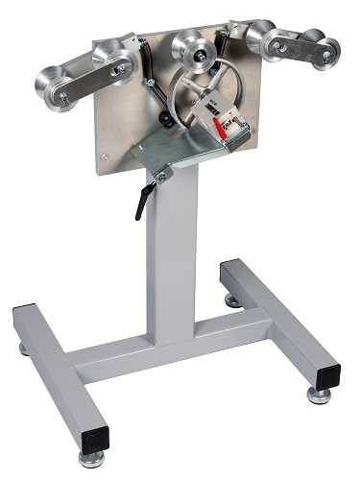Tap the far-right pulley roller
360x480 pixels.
point(321,51)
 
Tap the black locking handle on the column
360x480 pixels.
point(142,203)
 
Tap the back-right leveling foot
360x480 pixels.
point(233,301)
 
